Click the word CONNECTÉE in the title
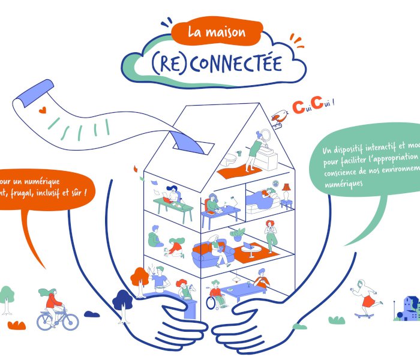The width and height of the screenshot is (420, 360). pos(239,63)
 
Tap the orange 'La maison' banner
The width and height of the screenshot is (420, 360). pos(217,32)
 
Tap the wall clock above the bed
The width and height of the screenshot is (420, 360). pos(275,183)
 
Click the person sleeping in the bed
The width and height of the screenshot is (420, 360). pos(264,197)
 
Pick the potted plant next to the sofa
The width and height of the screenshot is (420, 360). pos(238,234)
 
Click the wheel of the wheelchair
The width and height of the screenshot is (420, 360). pos(212,302)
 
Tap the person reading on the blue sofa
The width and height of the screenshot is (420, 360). pos(216,246)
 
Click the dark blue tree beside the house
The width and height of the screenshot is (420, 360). pos(122,299)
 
